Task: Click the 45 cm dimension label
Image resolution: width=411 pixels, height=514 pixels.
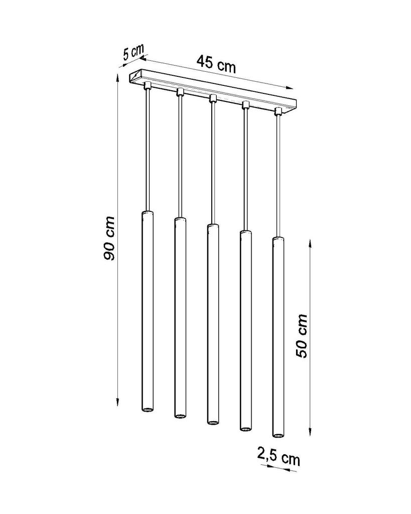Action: [x=216, y=64]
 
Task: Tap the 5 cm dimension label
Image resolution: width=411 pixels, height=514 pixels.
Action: [x=133, y=52]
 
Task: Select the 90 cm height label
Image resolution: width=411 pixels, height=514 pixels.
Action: [x=109, y=238]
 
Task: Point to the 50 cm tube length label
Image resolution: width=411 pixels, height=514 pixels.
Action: [x=301, y=336]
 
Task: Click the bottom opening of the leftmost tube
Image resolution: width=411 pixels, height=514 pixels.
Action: [x=147, y=410]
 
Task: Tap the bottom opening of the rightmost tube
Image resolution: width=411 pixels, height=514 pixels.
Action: [x=278, y=435]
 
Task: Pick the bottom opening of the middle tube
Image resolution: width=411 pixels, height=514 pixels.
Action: [x=212, y=422]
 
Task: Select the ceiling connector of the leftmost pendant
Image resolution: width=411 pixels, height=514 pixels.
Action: [x=147, y=86]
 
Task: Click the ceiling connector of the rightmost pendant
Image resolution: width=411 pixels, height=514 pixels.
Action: [x=278, y=111]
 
